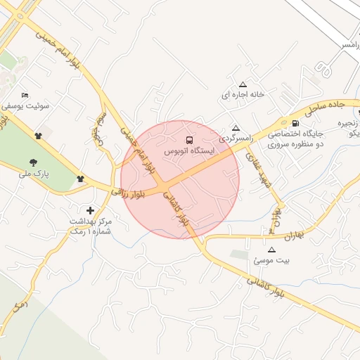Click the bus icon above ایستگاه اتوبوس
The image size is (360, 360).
click(x=188, y=140)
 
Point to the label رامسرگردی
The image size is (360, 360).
click(x=235, y=139)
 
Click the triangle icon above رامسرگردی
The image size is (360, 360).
click(x=236, y=129)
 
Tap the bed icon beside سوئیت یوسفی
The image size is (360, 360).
click(x=25, y=95)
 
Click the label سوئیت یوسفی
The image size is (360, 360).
click(x=25, y=106)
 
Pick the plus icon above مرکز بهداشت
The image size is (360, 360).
click(x=90, y=210)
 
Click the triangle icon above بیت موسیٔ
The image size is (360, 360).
click(x=272, y=250)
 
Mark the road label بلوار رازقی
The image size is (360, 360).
click(x=127, y=192)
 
